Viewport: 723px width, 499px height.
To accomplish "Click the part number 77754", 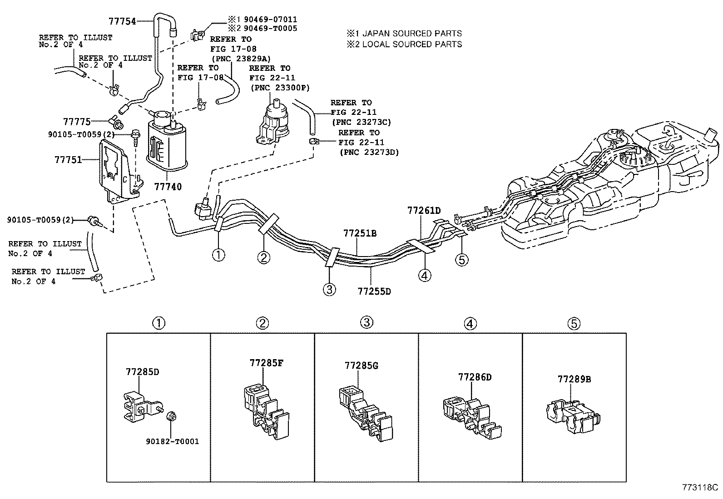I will coord(122,21).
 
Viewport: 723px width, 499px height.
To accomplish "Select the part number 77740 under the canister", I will coord(168,186).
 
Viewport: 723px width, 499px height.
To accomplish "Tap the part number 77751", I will coord(68,160).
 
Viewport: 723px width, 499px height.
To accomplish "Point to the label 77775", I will coord(77,122).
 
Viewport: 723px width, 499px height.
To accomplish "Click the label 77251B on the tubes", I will coord(360,234).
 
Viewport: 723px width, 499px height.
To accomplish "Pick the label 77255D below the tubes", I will coord(374,291).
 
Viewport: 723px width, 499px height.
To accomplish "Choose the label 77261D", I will coord(424,210).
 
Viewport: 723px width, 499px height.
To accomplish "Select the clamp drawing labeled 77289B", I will coord(573,415).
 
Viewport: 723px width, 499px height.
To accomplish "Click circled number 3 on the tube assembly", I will coord(329,289).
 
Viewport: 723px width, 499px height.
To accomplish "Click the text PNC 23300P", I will coord(280,88).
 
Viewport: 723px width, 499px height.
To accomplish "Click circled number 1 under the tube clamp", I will coord(218,254).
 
